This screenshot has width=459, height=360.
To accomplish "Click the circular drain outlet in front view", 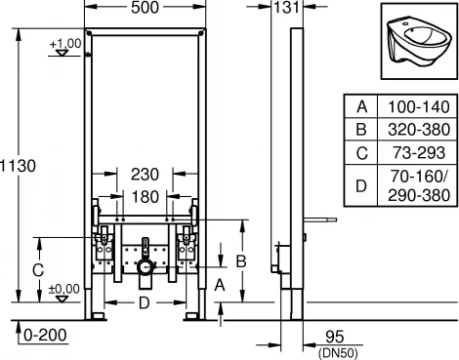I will click(145, 265).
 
